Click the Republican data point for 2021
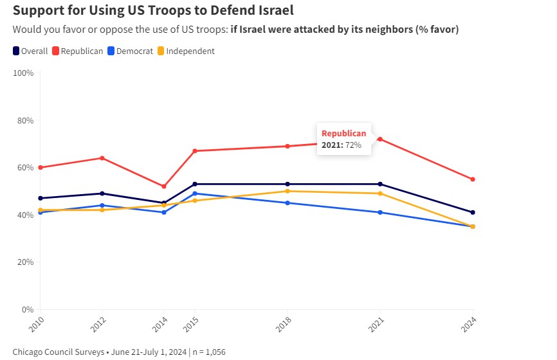pyautogui.click(x=380, y=139)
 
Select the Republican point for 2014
pyautogui.click(x=164, y=186)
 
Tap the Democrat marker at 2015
pyautogui.click(x=195, y=194)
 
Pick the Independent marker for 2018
pyautogui.click(x=288, y=191)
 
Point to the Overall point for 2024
pyautogui.click(x=473, y=212)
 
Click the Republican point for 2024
pyautogui.click(x=473, y=179)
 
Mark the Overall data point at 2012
pyautogui.click(x=102, y=194)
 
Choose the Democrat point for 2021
pyautogui.click(x=380, y=212)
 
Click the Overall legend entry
pyautogui.click(x=30, y=51)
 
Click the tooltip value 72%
pyautogui.click(x=353, y=145)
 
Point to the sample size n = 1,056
pyautogui.click(x=206, y=352)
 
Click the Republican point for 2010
pyautogui.click(x=41, y=167)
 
